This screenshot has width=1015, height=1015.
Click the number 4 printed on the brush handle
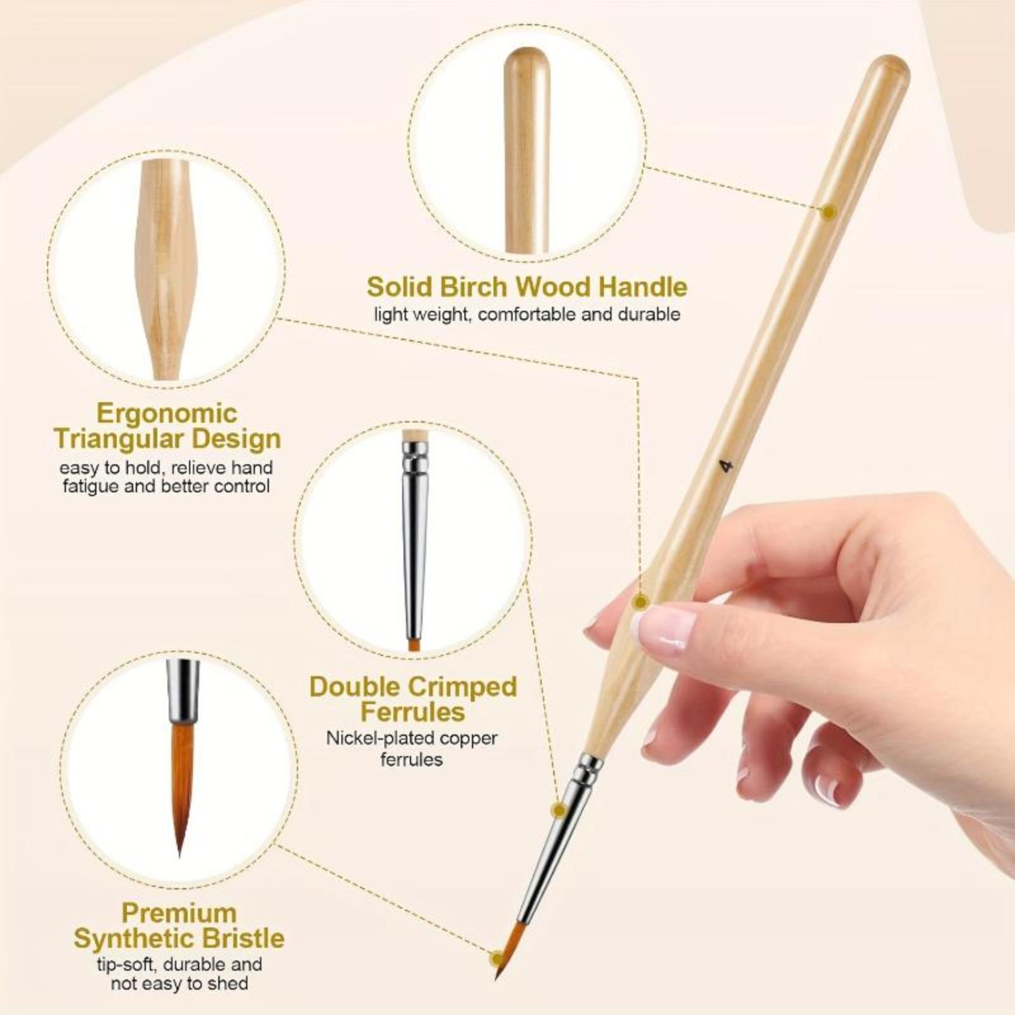[726, 466]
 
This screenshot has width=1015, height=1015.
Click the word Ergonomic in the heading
[167, 414]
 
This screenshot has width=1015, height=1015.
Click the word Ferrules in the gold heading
[413, 712]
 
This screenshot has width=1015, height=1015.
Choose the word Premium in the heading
[179, 913]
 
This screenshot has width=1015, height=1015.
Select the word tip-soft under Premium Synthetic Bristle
[126, 965]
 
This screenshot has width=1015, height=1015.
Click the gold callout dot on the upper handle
[827, 212]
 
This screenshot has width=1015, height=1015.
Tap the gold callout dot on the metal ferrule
[560, 809]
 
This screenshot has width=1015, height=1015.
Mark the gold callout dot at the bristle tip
[496, 958]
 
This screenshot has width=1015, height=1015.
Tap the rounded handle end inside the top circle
[527, 60]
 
